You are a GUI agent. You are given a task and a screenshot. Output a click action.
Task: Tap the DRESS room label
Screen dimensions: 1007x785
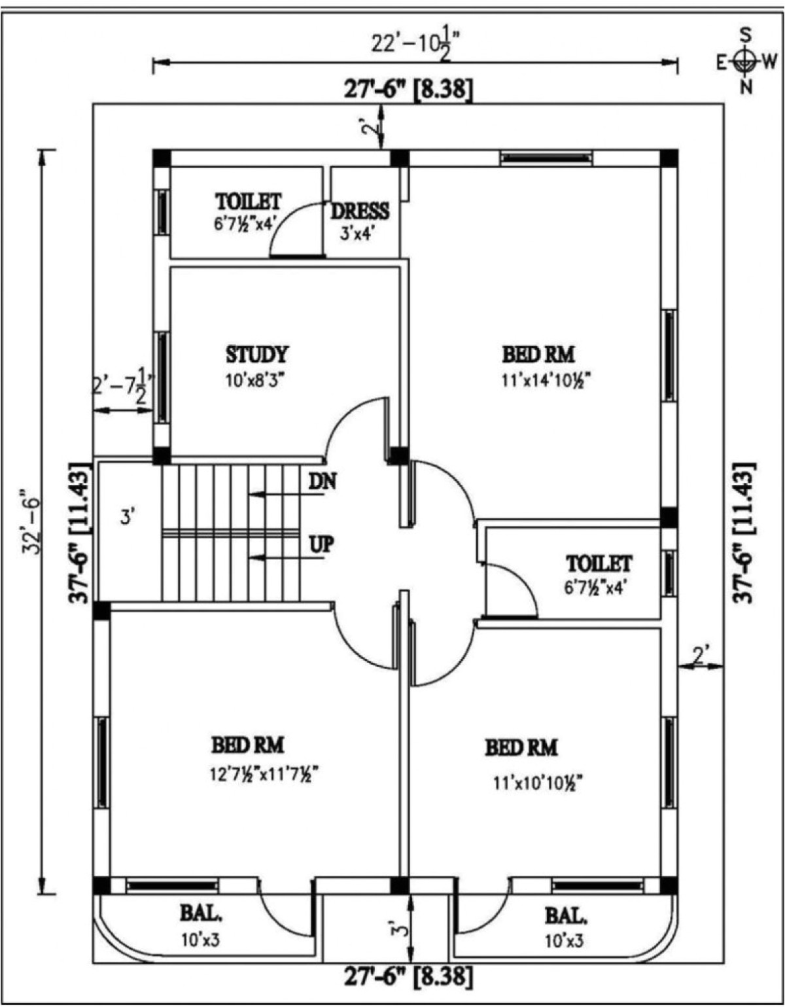tap(359, 211)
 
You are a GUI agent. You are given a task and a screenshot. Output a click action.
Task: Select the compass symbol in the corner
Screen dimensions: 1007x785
tap(744, 62)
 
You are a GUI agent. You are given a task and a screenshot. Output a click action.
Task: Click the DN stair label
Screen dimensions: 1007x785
tap(322, 482)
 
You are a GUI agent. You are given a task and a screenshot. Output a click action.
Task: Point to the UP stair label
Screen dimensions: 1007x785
tap(321, 544)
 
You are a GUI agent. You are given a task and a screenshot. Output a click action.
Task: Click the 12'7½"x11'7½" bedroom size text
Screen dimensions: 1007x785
tap(264, 774)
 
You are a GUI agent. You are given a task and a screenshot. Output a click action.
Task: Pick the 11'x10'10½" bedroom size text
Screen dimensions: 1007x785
tap(538, 782)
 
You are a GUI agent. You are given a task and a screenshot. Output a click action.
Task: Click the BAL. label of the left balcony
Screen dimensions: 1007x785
tap(201, 914)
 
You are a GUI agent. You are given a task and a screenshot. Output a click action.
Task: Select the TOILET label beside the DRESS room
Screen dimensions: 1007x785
tap(248, 200)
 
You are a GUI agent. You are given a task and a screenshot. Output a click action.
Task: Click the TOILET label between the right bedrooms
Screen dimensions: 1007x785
tap(599, 563)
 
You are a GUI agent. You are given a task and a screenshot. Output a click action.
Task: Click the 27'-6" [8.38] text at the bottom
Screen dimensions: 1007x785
tap(408, 977)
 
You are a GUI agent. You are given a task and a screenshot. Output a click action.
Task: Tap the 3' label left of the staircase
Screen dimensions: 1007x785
tap(128, 517)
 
